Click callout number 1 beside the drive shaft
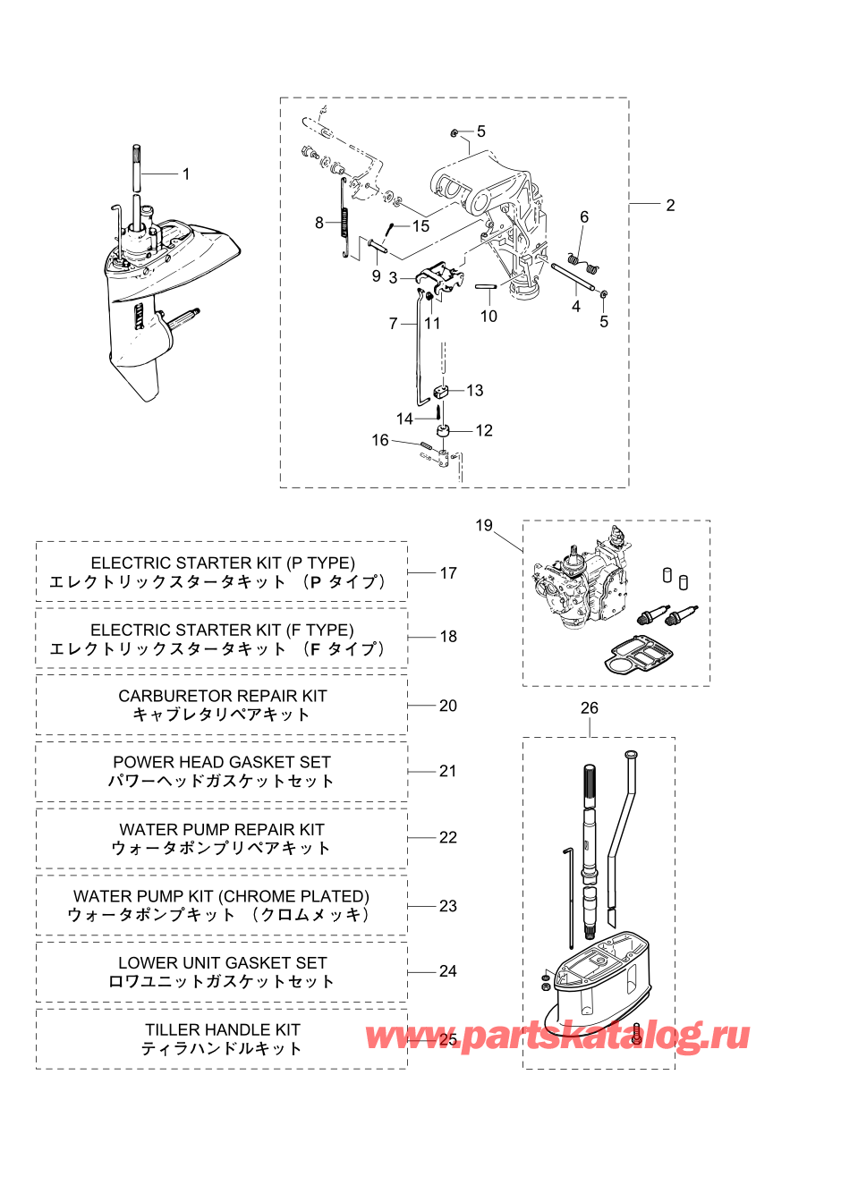point(186,174)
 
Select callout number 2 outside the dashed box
point(670,206)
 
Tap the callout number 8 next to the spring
point(319,224)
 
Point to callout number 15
point(420,226)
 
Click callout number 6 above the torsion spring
point(584,217)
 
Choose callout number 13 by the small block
point(475,391)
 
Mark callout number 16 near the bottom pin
point(380,440)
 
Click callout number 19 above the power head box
point(484,525)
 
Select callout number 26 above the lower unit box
point(589,707)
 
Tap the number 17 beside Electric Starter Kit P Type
point(448,573)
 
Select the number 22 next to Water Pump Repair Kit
point(448,837)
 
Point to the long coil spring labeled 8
point(345,218)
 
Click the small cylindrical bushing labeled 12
point(443,429)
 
